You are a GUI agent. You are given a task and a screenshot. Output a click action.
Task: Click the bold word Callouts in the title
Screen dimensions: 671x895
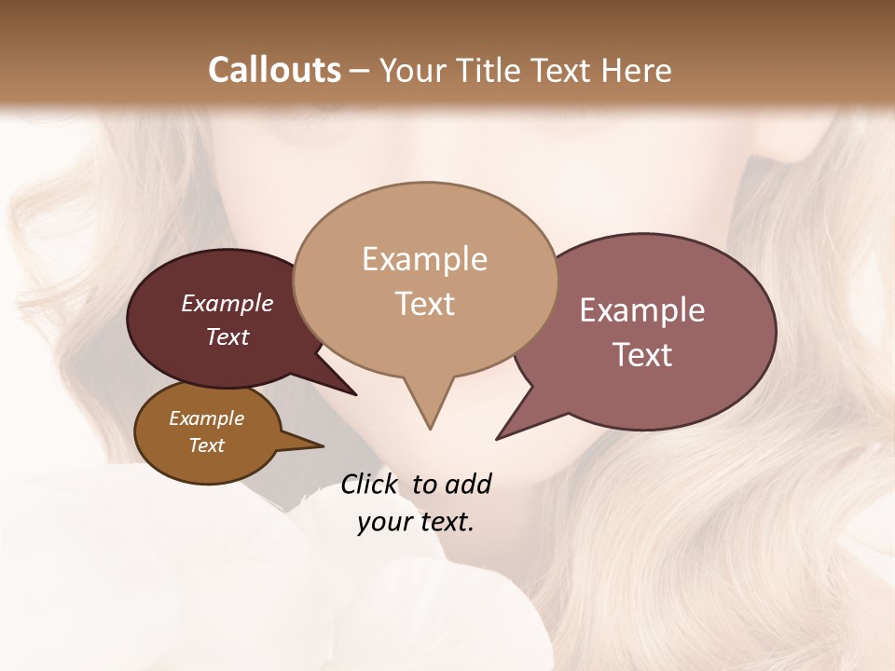[274, 70]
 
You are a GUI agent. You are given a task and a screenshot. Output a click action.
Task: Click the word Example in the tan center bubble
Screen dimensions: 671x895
[424, 259]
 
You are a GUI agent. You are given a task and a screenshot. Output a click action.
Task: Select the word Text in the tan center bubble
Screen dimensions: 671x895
[424, 304]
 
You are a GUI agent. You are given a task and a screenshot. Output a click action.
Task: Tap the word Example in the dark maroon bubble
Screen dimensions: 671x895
[227, 304]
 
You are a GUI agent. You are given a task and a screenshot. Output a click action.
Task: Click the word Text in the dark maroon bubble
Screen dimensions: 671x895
[227, 336]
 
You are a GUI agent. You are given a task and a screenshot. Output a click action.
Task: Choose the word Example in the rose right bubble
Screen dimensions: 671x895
[642, 310]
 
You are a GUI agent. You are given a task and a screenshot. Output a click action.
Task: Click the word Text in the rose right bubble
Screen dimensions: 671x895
[642, 355]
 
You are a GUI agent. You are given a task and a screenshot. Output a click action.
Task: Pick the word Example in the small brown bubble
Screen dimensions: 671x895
[206, 418]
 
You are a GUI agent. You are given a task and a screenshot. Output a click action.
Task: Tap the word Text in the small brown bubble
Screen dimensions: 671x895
[206, 445]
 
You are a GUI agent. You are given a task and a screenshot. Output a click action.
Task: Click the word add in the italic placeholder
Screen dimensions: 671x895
[467, 484]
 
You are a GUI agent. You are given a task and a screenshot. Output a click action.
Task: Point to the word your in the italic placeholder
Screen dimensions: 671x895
[382, 522]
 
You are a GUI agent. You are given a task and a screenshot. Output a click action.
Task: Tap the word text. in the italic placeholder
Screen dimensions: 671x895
[443, 522]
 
